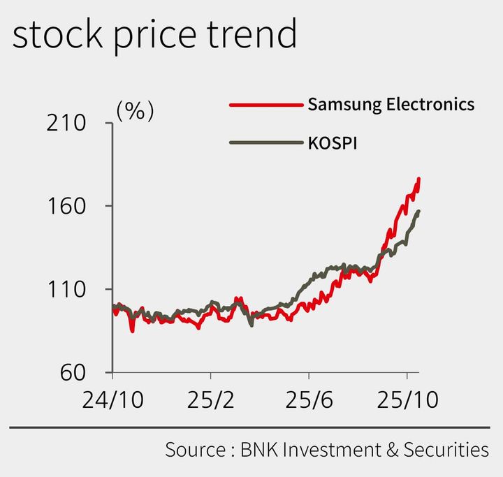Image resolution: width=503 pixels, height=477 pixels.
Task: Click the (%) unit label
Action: coord(135,111)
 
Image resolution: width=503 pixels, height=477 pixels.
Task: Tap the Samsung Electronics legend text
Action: coord(391,105)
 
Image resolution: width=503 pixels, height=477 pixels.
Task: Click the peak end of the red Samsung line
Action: coord(418,179)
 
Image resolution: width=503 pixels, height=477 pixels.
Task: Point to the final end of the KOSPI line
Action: coord(418,211)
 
